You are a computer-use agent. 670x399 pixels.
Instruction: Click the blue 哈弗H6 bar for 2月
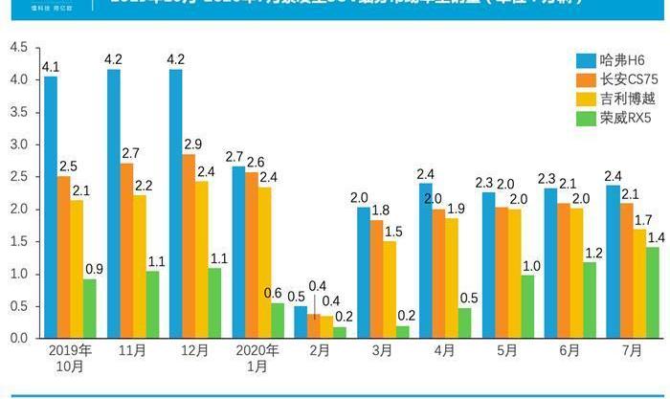(301, 322)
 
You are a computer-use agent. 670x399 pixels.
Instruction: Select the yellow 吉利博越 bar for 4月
(451, 277)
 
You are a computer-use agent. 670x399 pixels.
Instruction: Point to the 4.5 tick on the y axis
(17, 48)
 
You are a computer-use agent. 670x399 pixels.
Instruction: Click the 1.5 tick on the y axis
(17, 241)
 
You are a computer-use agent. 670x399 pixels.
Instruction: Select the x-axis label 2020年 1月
(257, 358)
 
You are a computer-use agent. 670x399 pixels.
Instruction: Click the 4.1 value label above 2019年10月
(51, 67)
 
